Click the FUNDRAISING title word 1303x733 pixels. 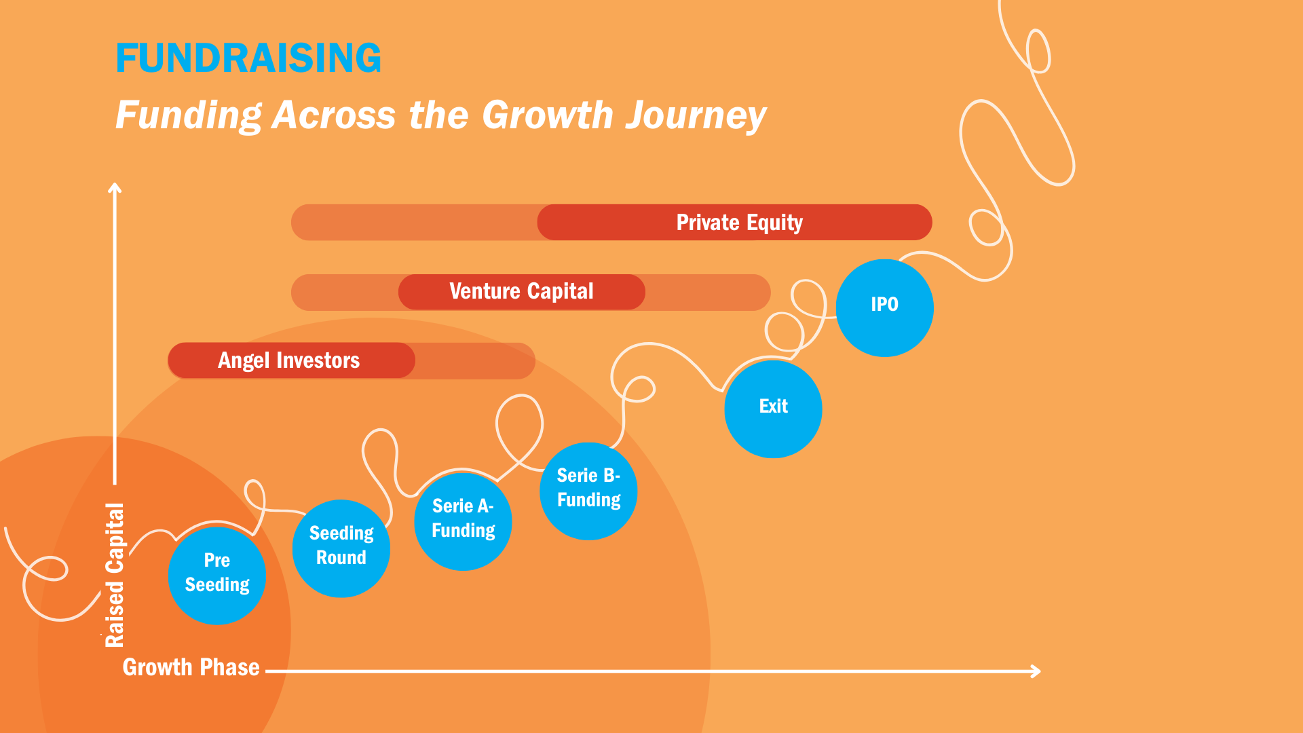pos(248,58)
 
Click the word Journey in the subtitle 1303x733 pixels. pos(696,115)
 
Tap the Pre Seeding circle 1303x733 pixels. pos(217,575)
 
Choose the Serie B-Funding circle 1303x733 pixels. pos(588,491)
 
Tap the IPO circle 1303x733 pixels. pos(884,307)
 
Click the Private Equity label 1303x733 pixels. pos(739,223)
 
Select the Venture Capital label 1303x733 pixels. pos(521,292)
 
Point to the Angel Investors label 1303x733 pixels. pos(288,360)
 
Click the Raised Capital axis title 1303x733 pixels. pos(115,575)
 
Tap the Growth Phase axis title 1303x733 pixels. pos(191,667)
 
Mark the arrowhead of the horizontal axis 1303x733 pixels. pos(1036,671)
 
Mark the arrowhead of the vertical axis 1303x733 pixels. pos(115,187)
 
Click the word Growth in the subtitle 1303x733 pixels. pos(547,115)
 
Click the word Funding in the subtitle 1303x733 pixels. pos(188,115)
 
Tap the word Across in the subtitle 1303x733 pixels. pos(333,115)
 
